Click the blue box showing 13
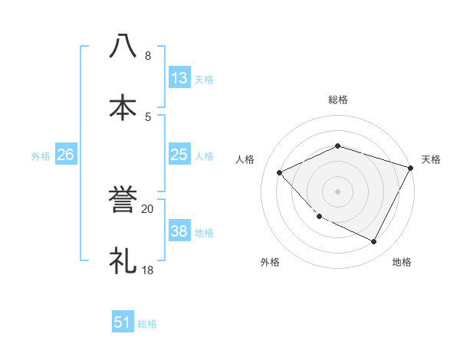pyautogui.click(x=179, y=78)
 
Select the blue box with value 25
pyautogui.click(x=179, y=155)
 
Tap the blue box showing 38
pyautogui.click(x=179, y=231)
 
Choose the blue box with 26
pyautogui.click(x=65, y=155)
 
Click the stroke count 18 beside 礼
pyautogui.click(x=147, y=270)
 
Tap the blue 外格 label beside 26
pyautogui.click(x=41, y=155)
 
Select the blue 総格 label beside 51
pyautogui.click(x=147, y=323)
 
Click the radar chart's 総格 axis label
pyautogui.click(x=337, y=100)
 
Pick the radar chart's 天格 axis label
pyautogui.click(x=431, y=159)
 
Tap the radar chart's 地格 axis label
pyautogui.click(x=402, y=262)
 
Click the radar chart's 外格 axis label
pyautogui.click(x=270, y=262)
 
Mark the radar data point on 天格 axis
pyautogui.click(x=411, y=168)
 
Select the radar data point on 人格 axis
pyautogui.click(x=280, y=172)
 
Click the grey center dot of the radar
pyautogui.click(x=337, y=191)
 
